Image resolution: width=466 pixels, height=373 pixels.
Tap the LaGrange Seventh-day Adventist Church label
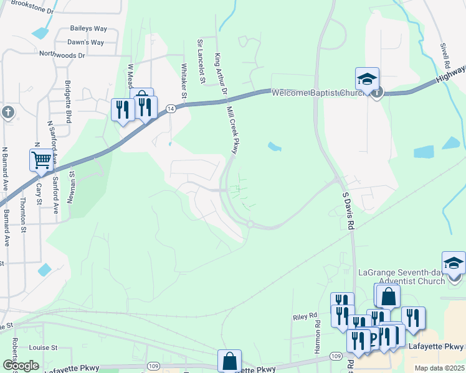tap(411, 277)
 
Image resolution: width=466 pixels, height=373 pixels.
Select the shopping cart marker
tap(41, 160)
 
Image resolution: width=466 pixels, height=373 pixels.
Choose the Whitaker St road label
tap(184, 81)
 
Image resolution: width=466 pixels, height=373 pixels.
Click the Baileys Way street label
tap(89, 29)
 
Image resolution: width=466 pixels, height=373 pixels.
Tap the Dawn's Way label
tap(85, 42)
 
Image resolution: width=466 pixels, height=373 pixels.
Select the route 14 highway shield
tap(169, 108)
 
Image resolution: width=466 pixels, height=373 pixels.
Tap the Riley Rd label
tap(305, 317)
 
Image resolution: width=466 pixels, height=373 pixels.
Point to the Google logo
tap(21, 366)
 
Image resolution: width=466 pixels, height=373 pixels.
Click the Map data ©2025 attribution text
tap(439, 368)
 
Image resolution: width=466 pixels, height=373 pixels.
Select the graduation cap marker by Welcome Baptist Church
tap(368, 80)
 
